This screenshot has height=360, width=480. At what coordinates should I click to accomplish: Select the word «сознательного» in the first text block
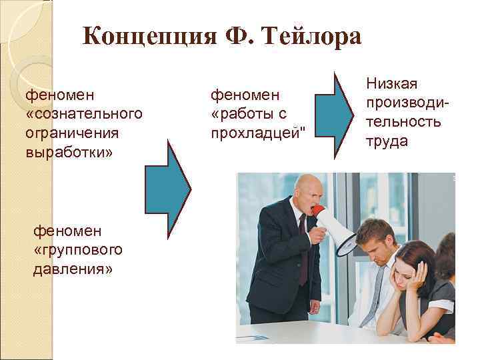[85, 113]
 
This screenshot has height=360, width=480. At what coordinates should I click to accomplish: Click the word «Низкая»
[391, 83]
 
